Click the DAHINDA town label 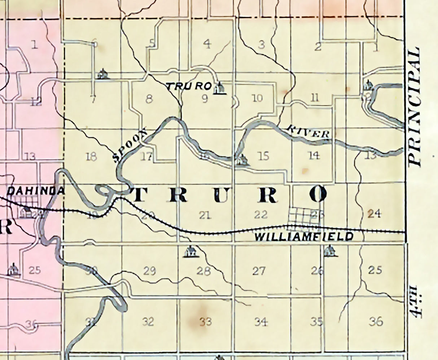point(35,191)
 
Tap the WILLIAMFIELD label point(304,237)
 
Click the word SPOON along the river point(130,146)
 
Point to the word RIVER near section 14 point(309,131)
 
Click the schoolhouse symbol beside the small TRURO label point(219,88)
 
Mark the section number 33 point(205,321)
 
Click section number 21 point(205,215)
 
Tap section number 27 point(259,271)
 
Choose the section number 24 point(374,214)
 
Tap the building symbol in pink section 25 point(14,270)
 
